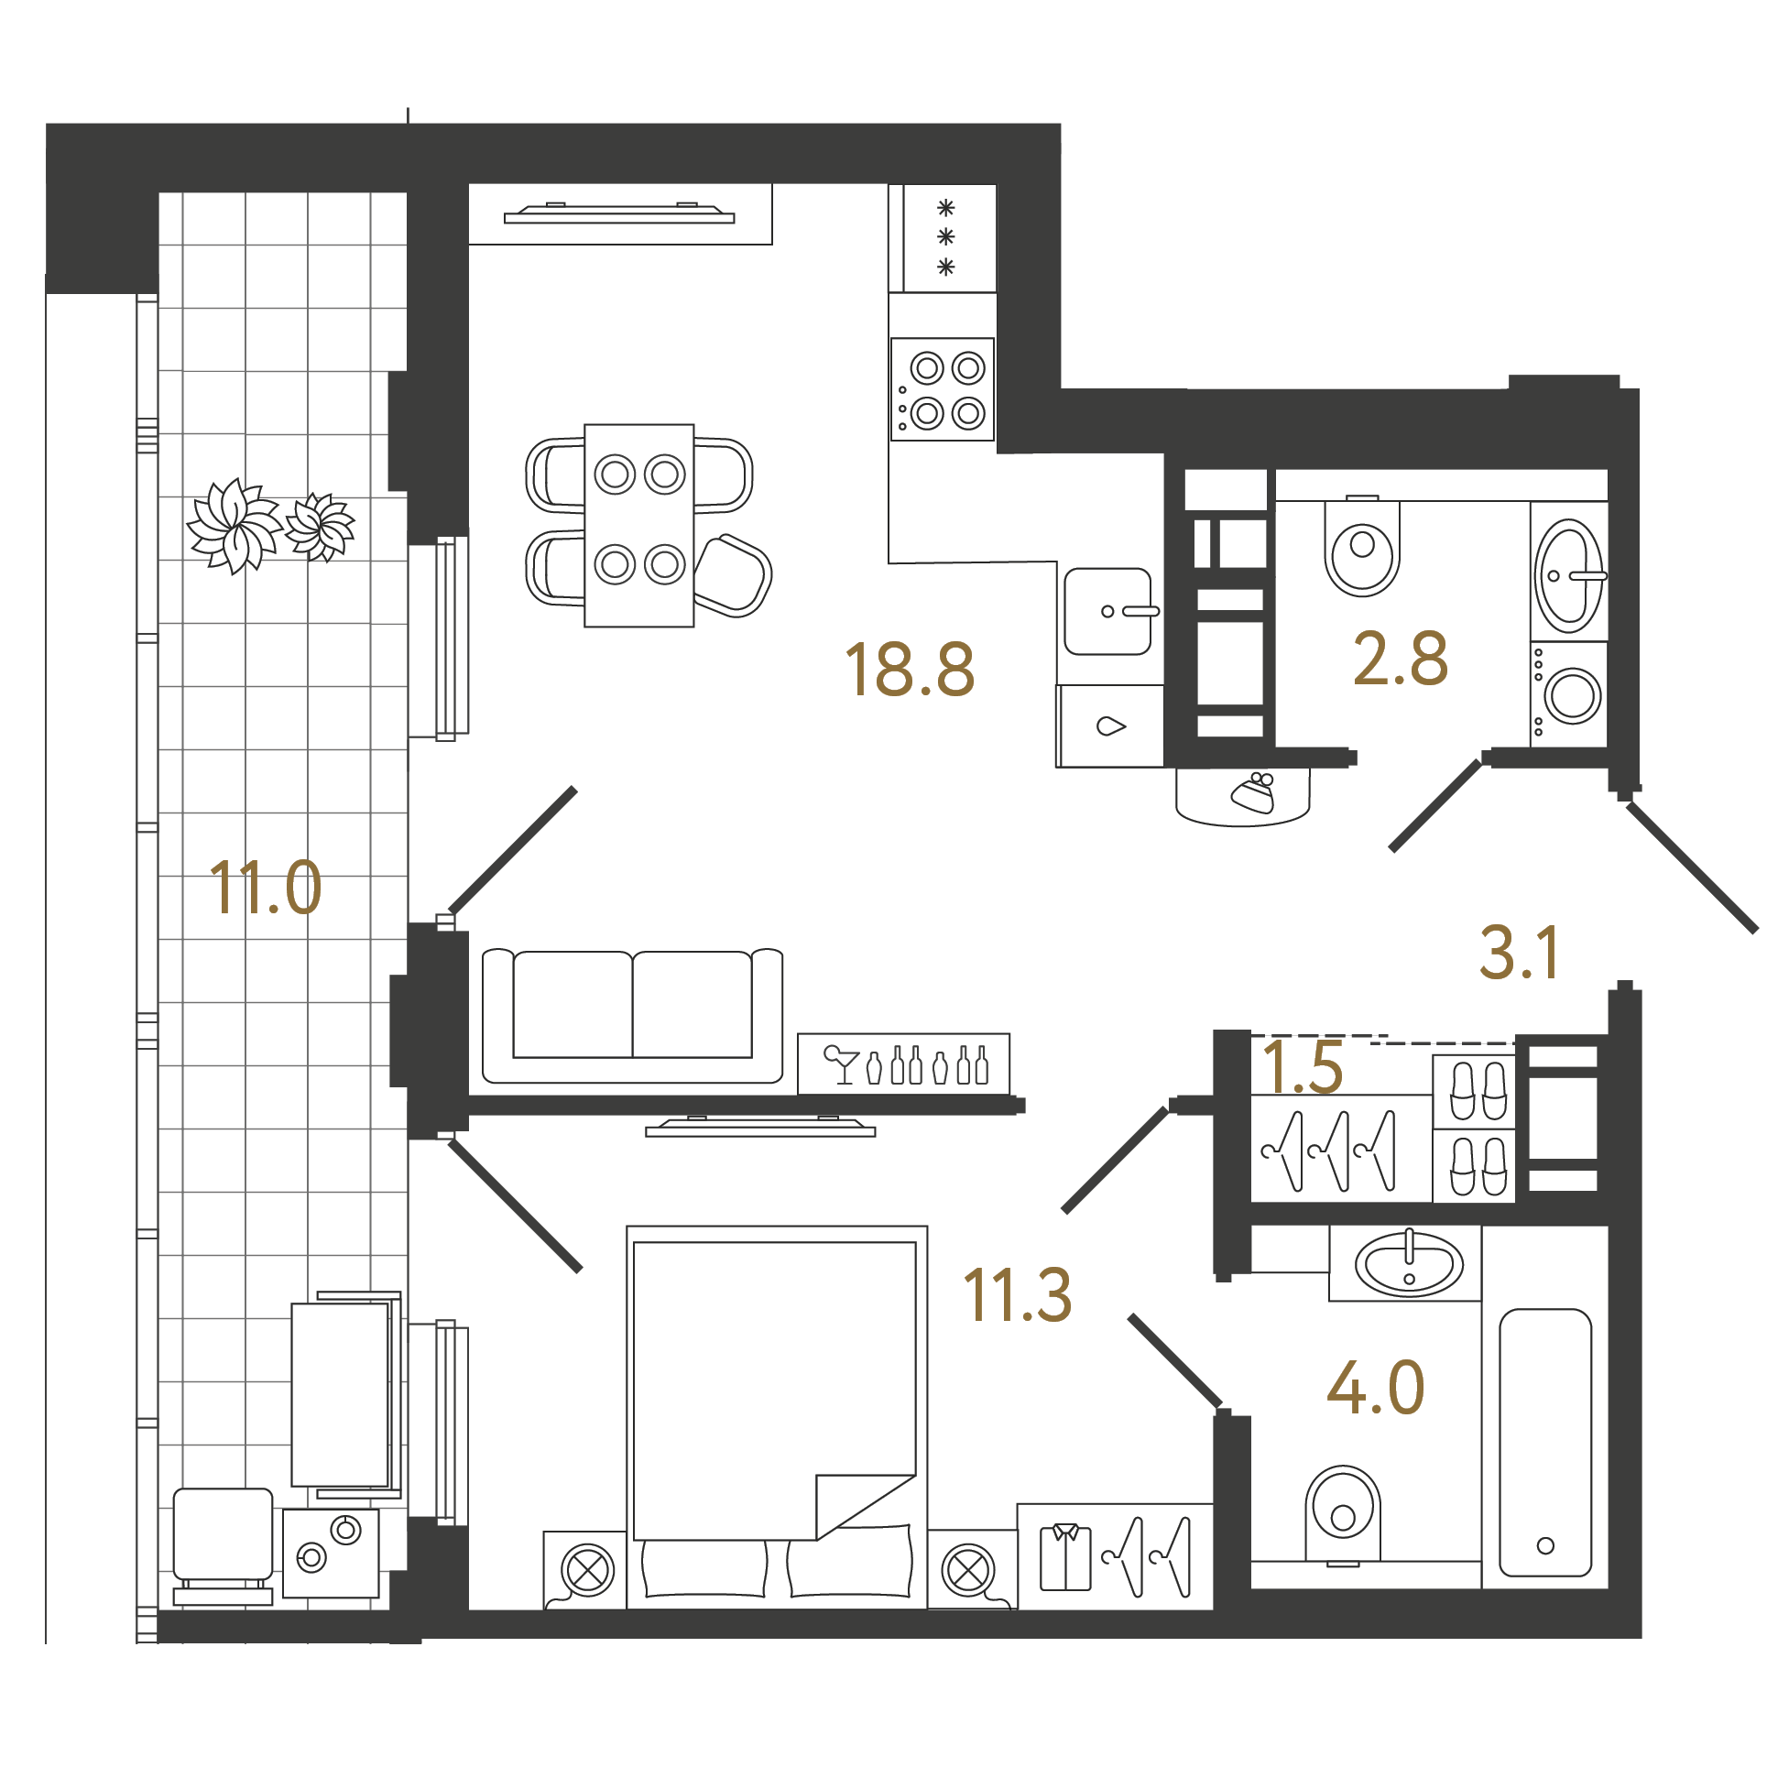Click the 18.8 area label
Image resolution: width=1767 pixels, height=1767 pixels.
[x=910, y=670]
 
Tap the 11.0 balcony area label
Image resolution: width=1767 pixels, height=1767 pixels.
[x=266, y=888]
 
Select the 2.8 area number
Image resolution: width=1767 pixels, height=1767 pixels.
[x=1401, y=659]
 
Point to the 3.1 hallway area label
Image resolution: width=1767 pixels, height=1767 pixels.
[x=1520, y=954]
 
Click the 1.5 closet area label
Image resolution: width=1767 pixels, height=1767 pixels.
[x=1302, y=1066]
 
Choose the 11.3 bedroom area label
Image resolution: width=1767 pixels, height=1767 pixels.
[x=1018, y=1295]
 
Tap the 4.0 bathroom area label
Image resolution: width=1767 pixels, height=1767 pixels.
[x=1376, y=1388]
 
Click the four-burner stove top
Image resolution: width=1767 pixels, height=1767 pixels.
[x=943, y=389]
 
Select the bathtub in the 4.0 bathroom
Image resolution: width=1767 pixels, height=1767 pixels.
[x=1545, y=1442]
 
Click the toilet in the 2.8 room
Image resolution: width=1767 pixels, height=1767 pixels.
[x=1362, y=547]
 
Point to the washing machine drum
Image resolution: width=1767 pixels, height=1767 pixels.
[x=1574, y=695]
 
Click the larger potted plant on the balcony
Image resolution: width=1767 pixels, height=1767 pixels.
[x=235, y=526]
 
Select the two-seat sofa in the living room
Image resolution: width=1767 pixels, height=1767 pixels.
[x=633, y=1015]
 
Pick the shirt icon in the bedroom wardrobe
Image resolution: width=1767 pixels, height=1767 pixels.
[x=1065, y=1556]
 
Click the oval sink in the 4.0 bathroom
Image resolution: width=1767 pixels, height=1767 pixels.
[x=1409, y=1264]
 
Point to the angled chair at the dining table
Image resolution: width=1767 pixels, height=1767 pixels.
[x=733, y=575]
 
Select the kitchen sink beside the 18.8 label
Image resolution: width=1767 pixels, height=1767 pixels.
[x=1108, y=611]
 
